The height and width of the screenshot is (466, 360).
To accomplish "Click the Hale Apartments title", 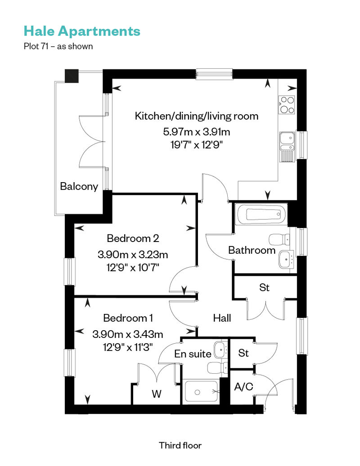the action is [x=82, y=31].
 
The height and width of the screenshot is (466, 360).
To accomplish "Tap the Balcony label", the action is [x=79, y=186].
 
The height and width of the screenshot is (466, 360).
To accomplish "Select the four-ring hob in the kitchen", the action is [x=287, y=105].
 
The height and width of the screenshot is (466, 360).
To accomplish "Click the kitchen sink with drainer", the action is [x=287, y=147].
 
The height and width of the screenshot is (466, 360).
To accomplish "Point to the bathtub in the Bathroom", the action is [x=261, y=214].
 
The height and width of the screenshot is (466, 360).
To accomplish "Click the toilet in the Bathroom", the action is [x=279, y=239].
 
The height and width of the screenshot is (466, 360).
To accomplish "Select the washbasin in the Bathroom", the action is [x=286, y=260].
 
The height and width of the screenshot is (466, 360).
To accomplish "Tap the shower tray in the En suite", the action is [x=202, y=391].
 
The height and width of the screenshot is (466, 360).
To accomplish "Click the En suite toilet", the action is [x=217, y=368].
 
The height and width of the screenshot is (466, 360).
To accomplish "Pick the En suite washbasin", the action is [x=220, y=349].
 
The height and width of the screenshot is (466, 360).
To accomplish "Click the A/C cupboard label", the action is [x=243, y=387].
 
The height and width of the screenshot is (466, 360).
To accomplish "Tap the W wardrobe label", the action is [x=156, y=394].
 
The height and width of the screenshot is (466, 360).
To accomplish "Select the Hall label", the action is [x=222, y=318].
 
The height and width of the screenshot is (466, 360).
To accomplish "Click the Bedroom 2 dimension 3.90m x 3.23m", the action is [x=133, y=255].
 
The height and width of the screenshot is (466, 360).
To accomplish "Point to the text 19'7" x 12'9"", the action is [x=197, y=145].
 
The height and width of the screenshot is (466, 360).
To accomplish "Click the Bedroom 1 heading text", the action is [x=128, y=318].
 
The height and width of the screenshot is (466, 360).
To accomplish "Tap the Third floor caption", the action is [x=180, y=445].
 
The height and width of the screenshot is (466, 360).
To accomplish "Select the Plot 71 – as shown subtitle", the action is [x=58, y=46].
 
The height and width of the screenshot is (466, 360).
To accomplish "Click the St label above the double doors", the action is [x=264, y=287].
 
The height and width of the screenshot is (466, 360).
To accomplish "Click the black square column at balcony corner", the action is [x=72, y=76].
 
